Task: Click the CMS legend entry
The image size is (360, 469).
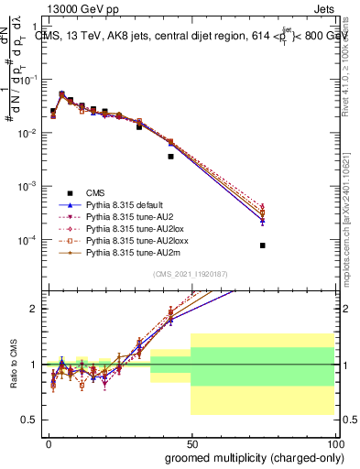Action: [x=94, y=192]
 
